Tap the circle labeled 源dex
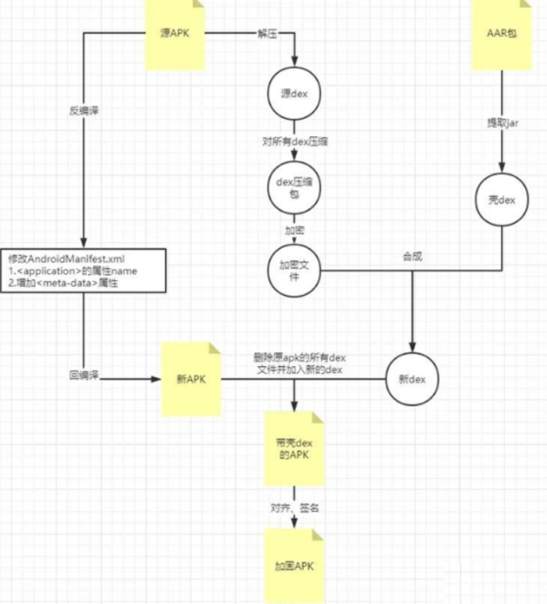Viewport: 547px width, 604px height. coord(295,94)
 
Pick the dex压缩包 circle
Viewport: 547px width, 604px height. coord(295,188)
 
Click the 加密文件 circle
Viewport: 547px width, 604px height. coord(295,271)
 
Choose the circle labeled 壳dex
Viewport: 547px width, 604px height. coord(501,200)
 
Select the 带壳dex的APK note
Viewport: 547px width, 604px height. coord(295,449)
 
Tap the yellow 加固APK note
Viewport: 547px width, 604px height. coord(295,565)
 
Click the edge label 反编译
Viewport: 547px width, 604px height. coord(84,110)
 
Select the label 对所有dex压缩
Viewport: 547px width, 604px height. coord(295,142)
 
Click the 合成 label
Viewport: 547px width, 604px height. coord(413,256)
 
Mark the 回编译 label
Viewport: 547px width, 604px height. coord(84,376)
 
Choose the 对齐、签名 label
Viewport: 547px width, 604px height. coord(295,508)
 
